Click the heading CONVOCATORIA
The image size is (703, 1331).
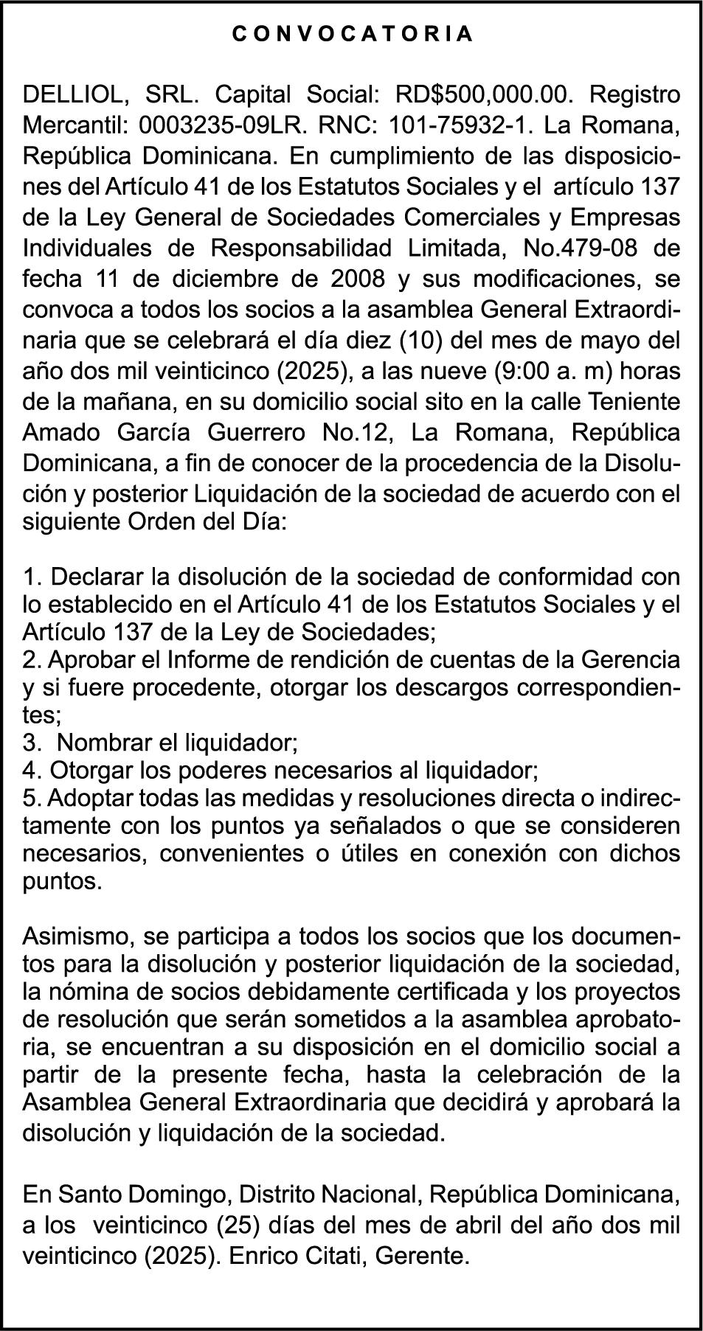tap(352, 34)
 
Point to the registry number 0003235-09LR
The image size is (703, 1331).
tap(215, 125)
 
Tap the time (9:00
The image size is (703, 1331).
tap(523, 372)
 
